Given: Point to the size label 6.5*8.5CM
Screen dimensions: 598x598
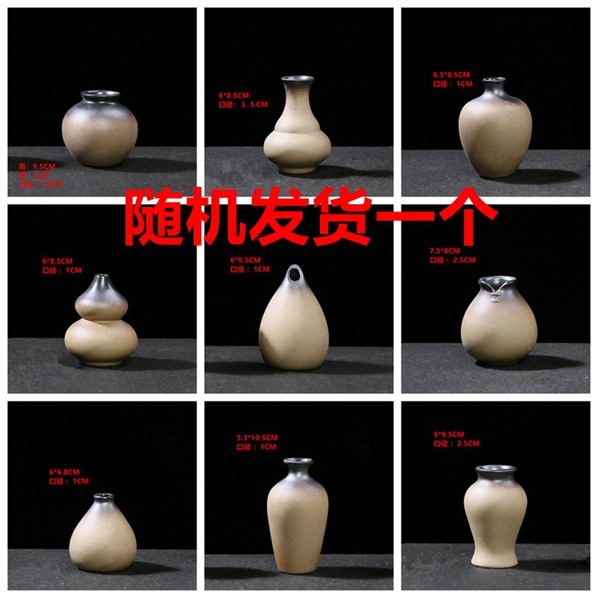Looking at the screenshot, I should tap(451, 75).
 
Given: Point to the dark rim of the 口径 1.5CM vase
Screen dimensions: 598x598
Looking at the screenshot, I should tap(297, 78).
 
